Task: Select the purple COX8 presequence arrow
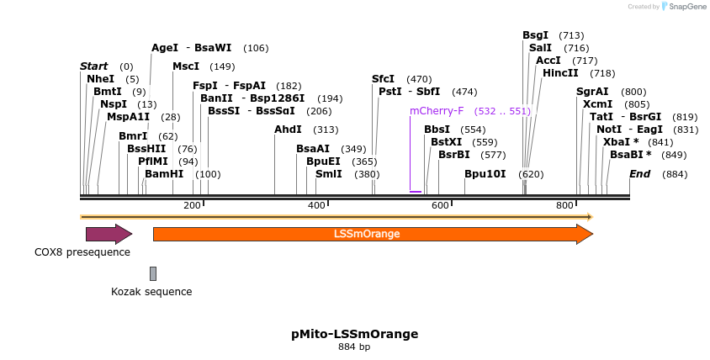pos(109,234)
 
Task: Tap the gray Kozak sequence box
pos(153,273)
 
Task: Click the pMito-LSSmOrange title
pos(354,334)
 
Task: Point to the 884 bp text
pos(354,347)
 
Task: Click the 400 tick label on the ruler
pos(316,206)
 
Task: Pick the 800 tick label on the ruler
pos(564,206)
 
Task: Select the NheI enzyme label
pos(100,78)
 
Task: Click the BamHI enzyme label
pos(164,174)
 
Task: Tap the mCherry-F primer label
pos(437,110)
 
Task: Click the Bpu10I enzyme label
pos(485,174)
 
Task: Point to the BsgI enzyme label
pos(535,35)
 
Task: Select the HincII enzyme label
pos(560,73)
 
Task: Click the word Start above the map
pos(94,66)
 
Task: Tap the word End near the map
pos(639,174)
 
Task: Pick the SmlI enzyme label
pos(328,174)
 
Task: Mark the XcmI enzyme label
pos(597,104)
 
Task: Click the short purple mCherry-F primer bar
pos(416,192)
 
